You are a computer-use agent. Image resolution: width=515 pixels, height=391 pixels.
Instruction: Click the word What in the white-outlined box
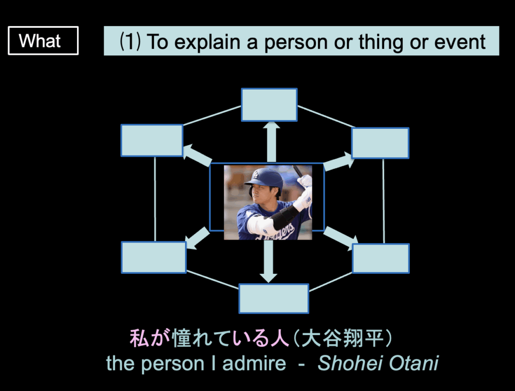pyautogui.click(x=40, y=41)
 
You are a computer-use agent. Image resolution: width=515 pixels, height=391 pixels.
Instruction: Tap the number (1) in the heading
pyautogui.click(x=130, y=42)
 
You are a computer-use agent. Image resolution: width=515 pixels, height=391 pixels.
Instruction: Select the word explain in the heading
pyautogui.click(x=207, y=42)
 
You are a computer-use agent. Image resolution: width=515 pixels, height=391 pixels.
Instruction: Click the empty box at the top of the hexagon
pyautogui.click(x=270, y=105)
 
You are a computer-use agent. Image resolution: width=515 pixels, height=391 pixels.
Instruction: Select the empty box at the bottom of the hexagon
pyautogui.click(x=274, y=299)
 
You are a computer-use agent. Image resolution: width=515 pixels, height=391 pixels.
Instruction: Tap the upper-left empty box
pyautogui.click(x=152, y=140)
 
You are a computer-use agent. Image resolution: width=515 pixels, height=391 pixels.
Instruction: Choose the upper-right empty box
pyautogui.click(x=380, y=143)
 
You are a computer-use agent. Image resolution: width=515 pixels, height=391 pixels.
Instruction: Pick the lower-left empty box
pyautogui.click(x=154, y=257)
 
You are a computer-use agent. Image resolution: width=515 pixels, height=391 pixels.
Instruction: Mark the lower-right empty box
pyautogui.click(x=381, y=258)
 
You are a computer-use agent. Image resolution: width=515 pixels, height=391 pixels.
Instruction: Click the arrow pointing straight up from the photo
pyautogui.click(x=271, y=142)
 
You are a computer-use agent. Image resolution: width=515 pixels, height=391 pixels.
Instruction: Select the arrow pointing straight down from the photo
pyautogui.click(x=269, y=261)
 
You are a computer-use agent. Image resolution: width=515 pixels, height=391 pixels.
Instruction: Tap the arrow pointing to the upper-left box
pyautogui.click(x=197, y=155)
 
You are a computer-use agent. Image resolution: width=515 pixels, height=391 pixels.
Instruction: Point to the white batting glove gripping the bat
pyautogui.click(x=305, y=181)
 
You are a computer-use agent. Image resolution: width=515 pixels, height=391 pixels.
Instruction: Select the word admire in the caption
pyautogui.click(x=254, y=363)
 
